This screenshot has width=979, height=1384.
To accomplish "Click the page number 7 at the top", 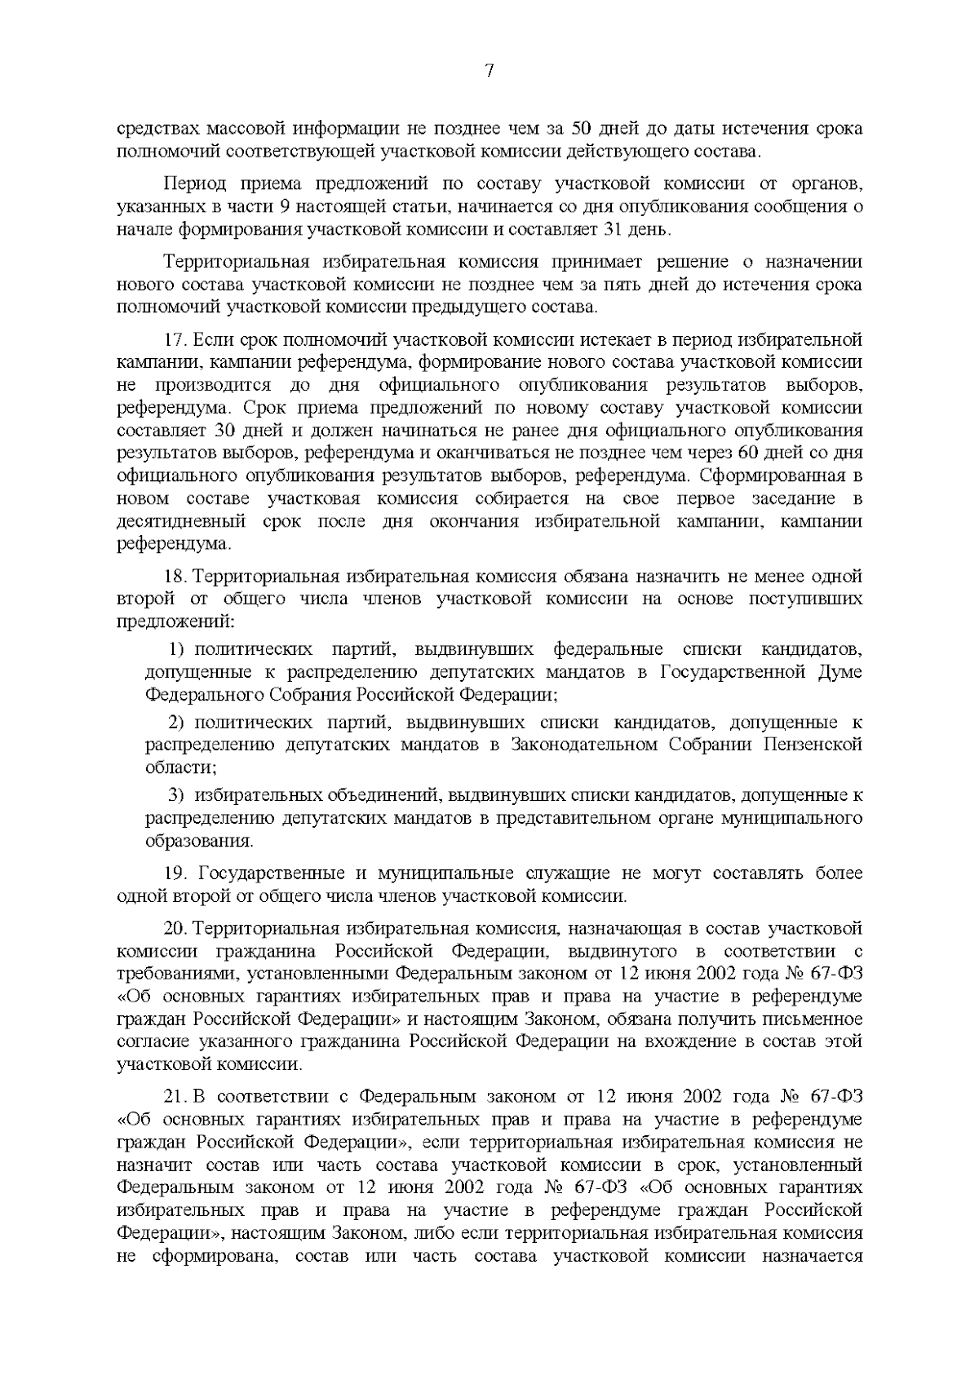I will tap(489, 71).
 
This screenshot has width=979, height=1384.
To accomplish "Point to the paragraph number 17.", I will tap(175, 339).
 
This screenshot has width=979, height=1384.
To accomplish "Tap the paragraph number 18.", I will tap(175, 577).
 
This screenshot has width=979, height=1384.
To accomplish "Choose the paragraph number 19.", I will tap(175, 873).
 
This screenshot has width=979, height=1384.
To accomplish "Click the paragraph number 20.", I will tap(175, 929).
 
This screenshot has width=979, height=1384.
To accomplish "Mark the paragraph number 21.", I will tap(175, 1096).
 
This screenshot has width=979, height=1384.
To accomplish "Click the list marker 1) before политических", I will tap(179, 649).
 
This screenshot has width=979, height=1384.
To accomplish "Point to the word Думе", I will tap(839, 672).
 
